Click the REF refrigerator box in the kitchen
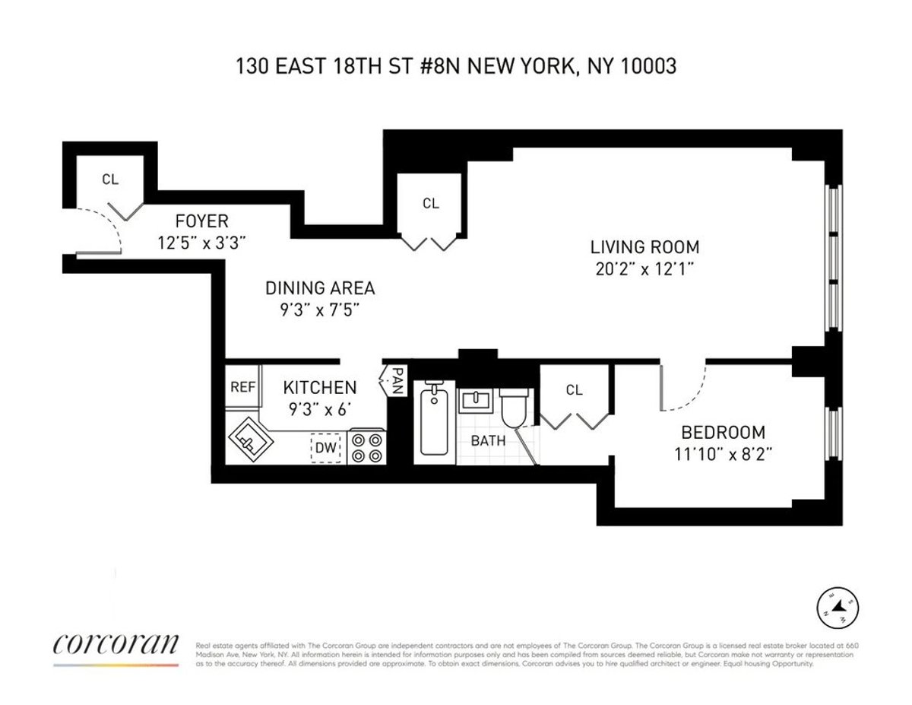(x=243, y=386)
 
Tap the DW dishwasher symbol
(x=326, y=448)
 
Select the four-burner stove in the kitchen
(x=367, y=447)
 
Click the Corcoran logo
(x=116, y=646)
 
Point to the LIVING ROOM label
(x=644, y=247)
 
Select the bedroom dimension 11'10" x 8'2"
(x=723, y=455)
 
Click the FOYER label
(x=201, y=221)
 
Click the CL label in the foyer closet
(x=110, y=179)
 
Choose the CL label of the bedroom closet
(x=574, y=390)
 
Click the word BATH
(x=488, y=440)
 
